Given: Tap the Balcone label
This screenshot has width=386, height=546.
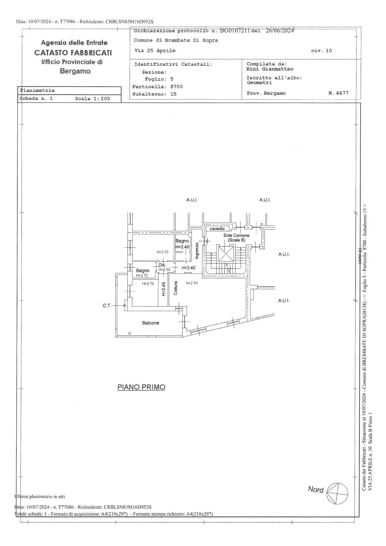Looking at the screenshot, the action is point(151,323).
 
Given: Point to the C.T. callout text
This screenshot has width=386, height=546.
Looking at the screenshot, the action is point(107,306).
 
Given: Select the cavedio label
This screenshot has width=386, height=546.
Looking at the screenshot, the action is point(217,229).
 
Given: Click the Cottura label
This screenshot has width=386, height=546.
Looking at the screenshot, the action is point(176,288).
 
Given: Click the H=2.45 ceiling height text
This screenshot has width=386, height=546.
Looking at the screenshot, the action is point(163,289).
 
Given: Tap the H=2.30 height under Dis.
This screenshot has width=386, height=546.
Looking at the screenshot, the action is point(164,270).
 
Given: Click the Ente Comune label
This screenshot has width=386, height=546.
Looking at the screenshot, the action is point(236,235).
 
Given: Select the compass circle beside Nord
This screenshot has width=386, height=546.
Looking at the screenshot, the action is point(337,493).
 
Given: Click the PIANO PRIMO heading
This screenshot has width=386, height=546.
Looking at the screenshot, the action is point(141,387).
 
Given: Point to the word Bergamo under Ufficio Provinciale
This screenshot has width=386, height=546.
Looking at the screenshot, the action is point(75,71).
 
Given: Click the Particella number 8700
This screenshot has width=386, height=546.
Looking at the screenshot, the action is point(177,86).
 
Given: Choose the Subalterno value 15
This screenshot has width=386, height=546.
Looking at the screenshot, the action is point(173,94).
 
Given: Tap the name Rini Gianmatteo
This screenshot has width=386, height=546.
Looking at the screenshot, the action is point(270,69).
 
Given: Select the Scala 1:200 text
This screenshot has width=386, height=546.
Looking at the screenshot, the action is point(93,99).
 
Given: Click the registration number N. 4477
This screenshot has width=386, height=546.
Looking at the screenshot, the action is point(338,93).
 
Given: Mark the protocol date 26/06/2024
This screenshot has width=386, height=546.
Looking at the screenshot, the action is point(279,31).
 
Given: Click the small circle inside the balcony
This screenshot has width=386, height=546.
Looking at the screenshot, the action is point(130,333).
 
